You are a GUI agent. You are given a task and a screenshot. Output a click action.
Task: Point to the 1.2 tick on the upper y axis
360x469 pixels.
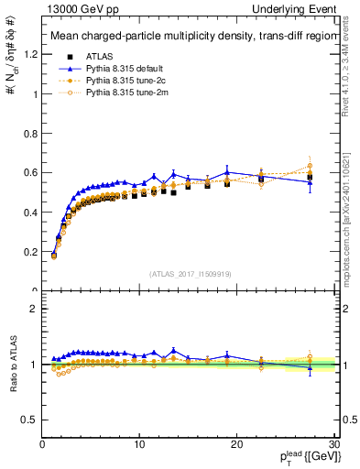pos(29,54)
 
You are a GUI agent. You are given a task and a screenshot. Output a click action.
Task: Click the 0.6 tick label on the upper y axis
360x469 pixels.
pos(29,172)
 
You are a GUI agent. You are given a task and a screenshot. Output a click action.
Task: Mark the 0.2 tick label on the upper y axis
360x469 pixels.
pos(29,252)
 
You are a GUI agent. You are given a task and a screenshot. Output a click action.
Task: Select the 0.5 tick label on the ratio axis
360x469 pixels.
pos(29,420)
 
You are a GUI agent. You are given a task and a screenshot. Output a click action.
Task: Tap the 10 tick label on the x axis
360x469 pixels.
pos(138,444)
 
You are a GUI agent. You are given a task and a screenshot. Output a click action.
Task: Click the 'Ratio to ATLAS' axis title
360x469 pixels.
pos(13,365)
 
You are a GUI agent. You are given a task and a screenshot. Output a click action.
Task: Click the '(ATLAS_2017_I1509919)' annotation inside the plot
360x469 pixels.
pos(189,272)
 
